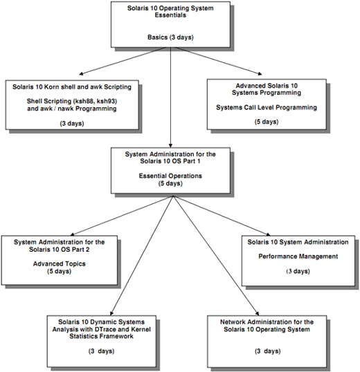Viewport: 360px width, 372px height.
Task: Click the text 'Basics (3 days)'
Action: point(170,37)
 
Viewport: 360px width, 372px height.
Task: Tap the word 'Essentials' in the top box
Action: point(170,15)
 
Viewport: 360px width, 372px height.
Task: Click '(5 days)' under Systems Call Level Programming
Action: point(267,122)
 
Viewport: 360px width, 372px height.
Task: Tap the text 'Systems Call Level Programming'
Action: point(267,107)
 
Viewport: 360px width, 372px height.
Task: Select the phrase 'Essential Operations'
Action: point(170,176)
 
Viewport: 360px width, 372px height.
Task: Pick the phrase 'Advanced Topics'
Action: point(60,264)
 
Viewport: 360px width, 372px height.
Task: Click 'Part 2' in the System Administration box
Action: point(82,250)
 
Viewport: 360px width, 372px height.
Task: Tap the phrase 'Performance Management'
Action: point(298,257)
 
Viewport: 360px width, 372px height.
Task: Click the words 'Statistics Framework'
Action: point(101,336)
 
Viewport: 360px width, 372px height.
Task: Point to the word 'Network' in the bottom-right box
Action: point(232,322)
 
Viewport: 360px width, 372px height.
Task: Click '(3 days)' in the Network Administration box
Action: point(268,351)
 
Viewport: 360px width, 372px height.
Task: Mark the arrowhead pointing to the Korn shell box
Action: point(81,73)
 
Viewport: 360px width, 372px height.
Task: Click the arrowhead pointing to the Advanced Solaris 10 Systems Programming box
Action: point(260,73)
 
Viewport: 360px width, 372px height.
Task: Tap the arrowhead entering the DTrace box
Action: point(112,313)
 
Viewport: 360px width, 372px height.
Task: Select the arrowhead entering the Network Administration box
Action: point(257,313)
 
